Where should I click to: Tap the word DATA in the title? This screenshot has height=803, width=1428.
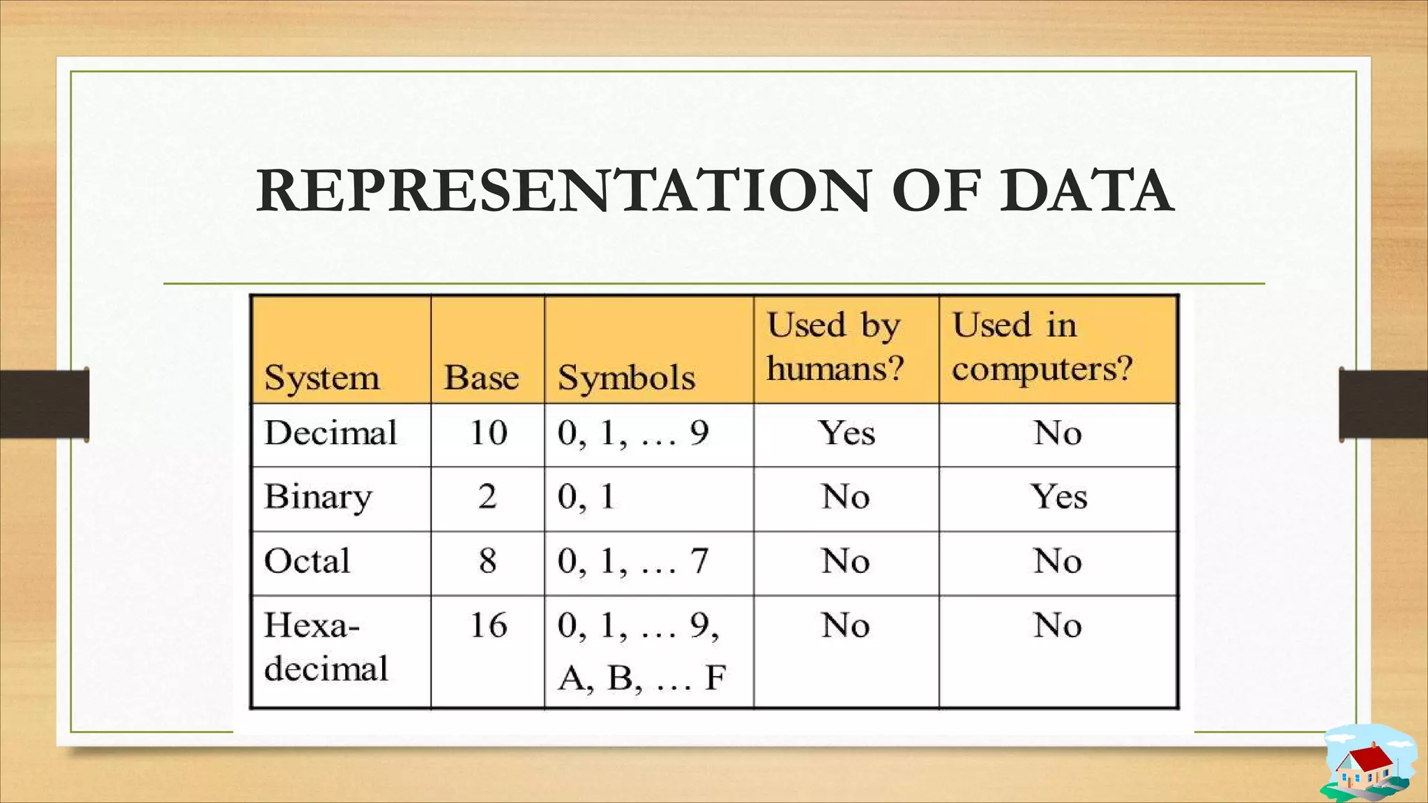pos(1086,191)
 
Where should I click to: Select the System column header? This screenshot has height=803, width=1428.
pos(321,378)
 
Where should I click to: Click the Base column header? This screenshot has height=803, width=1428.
pos(481,378)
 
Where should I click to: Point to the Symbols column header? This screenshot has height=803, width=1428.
pos(626,378)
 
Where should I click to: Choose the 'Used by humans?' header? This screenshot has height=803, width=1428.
pos(835,347)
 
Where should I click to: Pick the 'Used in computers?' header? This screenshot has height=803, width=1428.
pos(1042,347)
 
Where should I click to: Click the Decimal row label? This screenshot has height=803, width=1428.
pos(331,433)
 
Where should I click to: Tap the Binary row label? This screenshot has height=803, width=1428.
pos(318,497)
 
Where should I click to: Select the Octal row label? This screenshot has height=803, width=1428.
pos(307,561)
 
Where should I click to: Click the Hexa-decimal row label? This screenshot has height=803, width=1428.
pos(326,647)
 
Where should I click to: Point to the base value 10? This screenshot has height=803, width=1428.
pos(488,433)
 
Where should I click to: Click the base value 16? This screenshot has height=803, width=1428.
pos(488,625)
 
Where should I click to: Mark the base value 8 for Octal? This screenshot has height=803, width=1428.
pos(487,561)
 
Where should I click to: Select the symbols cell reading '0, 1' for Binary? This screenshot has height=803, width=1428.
pos(586,497)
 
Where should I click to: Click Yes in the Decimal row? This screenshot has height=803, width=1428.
pos(846,433)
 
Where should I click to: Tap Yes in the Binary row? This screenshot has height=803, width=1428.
pos(1058,497)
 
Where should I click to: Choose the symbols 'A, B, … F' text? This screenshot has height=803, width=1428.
pos(641,678)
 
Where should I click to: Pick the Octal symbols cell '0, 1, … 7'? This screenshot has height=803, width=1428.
pos(632,561)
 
